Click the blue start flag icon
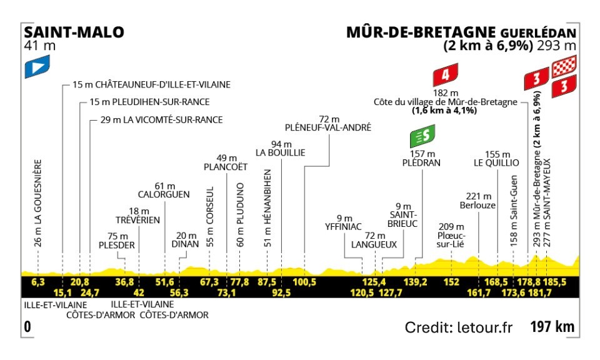click(36, 67)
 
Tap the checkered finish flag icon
click(564, 65)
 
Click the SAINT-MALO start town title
click(74, 32)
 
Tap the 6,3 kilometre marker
click(38, 282)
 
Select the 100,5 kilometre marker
click(304, 282)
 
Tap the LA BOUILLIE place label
click(279, 152)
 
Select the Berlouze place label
click(478, 204)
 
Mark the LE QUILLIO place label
click(497, 162)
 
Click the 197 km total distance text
click(552, 327)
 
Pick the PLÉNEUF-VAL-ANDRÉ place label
click(327, 127)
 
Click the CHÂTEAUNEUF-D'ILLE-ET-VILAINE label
click(159, 84)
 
